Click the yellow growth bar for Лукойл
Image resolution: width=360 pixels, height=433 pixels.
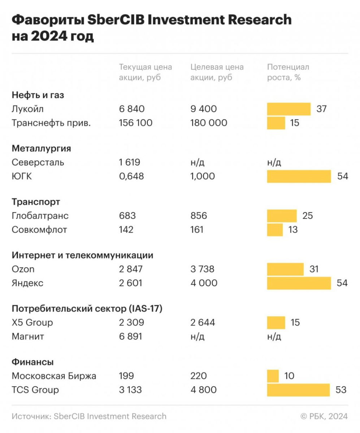tap(289, 109)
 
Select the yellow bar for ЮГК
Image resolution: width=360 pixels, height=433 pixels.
tap(299, 176)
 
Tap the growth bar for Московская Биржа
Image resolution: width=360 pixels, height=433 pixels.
tap(273, 376)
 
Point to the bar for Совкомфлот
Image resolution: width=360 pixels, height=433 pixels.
tap(275, 230)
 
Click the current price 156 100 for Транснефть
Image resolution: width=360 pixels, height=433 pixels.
tap(136, 123)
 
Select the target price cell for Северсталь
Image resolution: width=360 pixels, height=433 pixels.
tap(197, 163)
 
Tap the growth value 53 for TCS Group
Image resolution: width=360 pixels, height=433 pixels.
tap(341, 390)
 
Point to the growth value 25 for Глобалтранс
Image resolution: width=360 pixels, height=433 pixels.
tap(307, 216)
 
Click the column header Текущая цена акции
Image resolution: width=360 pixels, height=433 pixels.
tap(146, 72)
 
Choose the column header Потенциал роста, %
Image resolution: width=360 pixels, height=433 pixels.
tap(288, 72)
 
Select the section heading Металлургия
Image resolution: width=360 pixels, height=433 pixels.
tap(41, 149)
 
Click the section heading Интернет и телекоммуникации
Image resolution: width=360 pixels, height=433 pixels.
tap(82, 255)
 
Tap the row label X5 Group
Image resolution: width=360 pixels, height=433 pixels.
tap(32, 323)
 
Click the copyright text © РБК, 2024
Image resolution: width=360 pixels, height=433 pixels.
tap(324, 416)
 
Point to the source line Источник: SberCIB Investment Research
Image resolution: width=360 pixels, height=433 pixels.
tap(89, 416)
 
